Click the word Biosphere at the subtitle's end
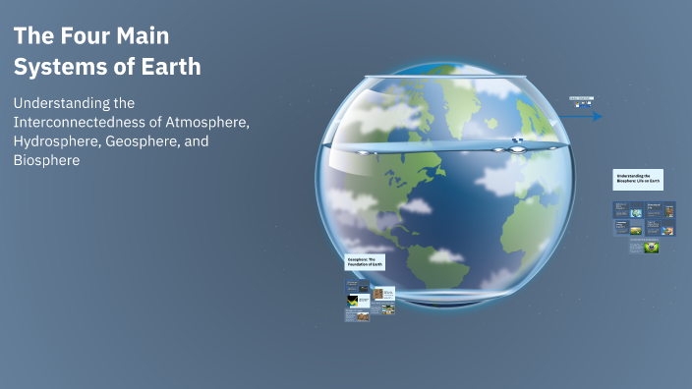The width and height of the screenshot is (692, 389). (x=46, y=160)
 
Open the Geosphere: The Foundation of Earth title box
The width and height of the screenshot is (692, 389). (x=365, y=263)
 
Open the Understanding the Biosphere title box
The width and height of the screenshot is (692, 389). (x=639, y=179)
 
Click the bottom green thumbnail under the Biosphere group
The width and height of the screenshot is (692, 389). (x=651, y=248)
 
